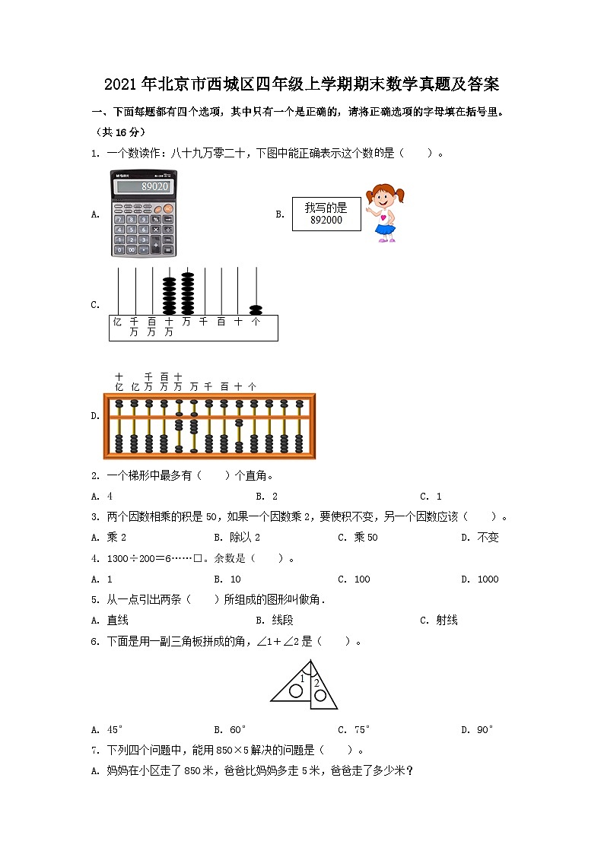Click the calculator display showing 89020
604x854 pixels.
pyautogui.click(x=144, y=186)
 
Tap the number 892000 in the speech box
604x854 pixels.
pyautogui.click(x=326, y=221)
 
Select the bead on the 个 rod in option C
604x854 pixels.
pyautogui.click(x=256, y=310)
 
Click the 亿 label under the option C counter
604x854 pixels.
pyautogui.click(x=117, y=322)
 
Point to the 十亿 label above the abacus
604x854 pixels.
pyautogui.click(x=119, y=382)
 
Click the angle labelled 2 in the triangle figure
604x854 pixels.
pyautogui.click(x=316, y=683)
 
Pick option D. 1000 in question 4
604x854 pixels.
pyautogui.click(x=480, y=579)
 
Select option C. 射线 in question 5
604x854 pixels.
pyautogui.click(x=439, y=620)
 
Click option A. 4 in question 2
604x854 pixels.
pyautogui.click(x=102, y=496)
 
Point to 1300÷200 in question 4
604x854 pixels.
pyautogui.click(x=132, y=558)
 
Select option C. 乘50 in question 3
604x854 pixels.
pyautogui.click(x=358, y=537)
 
